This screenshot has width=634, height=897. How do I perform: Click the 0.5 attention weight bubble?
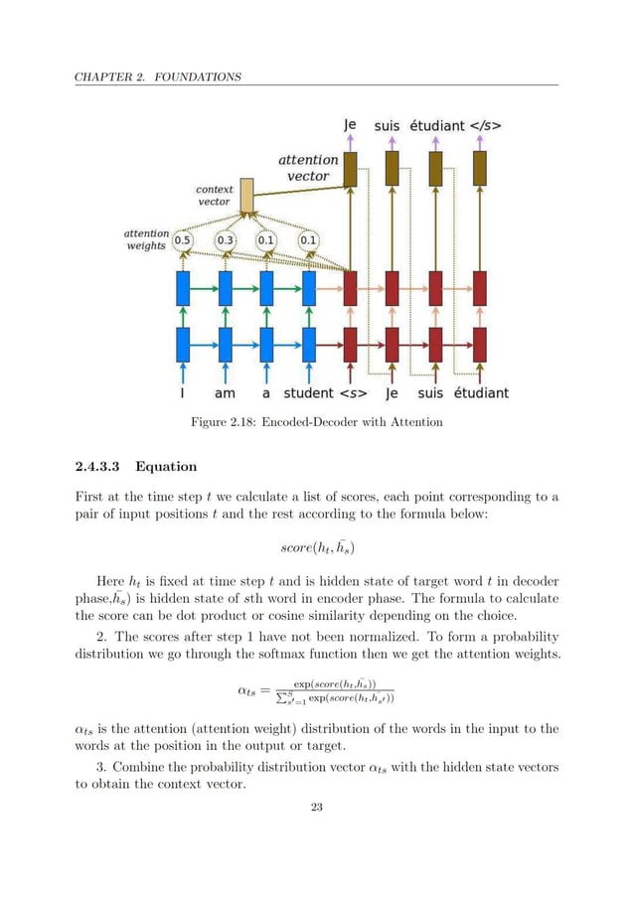click(x=184, y=239)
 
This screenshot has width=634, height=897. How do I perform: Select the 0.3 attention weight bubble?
click(x=226, y=239)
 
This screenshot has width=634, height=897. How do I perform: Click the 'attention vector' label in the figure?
click(x=308, y=167)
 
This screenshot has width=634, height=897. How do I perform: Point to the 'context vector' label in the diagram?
click(x=214, y=195)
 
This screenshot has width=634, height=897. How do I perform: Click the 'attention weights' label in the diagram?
click(x=146, y=240)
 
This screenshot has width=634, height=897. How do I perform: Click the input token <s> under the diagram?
click(x=349, y=392)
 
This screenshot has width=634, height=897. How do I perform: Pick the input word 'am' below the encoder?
click(x=226, y=392)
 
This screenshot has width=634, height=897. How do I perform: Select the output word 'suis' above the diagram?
click(x=388, y=126)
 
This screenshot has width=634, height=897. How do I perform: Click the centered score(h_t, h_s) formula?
click(x=317, y=544)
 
